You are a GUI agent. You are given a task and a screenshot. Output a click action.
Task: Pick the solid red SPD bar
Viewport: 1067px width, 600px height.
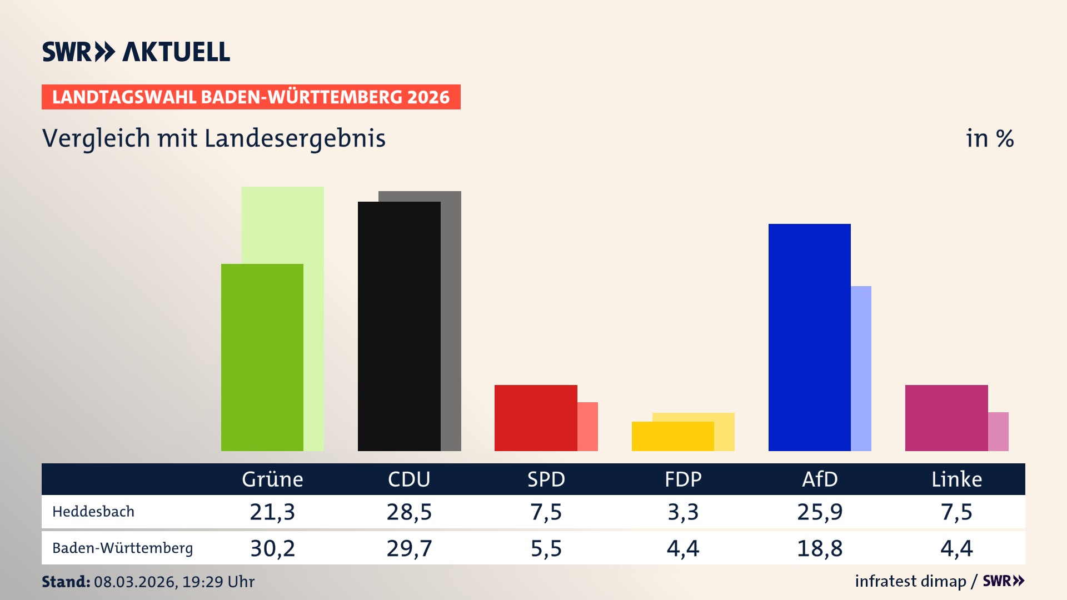point(536,418)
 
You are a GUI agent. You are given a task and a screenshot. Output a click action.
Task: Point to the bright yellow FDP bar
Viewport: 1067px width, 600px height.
point(672,436)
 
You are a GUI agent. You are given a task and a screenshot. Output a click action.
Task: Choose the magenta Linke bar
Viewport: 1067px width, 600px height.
point(946,418)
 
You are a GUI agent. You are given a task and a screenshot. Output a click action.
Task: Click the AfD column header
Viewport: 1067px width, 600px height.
point(820,479)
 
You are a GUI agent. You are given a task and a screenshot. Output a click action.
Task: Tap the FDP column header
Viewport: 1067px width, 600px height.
point(683,479)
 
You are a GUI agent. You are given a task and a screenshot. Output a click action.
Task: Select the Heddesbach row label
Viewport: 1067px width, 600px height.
point(93,512)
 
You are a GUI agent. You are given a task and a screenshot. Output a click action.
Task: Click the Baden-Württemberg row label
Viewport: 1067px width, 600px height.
point(122,548)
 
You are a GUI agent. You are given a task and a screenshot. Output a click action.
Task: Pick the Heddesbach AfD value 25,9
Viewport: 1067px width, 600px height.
point(820,512)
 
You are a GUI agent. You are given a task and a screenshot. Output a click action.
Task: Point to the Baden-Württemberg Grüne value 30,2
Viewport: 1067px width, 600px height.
point(272,548)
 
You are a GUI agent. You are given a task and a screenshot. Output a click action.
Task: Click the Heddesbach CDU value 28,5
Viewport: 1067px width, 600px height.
point(409,512)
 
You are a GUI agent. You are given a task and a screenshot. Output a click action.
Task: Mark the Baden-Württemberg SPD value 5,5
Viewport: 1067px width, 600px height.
point(546,548)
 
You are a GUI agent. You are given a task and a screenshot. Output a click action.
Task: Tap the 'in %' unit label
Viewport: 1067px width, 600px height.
point(989,138)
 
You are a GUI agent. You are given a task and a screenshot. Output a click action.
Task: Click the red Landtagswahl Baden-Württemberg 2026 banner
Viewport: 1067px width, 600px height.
point(251,97)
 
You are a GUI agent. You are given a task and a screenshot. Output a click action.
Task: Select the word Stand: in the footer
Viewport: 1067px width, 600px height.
point(66,582)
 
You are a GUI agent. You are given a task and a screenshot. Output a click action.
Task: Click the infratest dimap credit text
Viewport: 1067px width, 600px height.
point(910,581)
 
